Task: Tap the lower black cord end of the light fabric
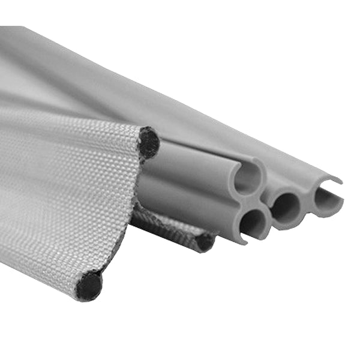pos(89,286)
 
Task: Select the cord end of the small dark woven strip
pos(204,242)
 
